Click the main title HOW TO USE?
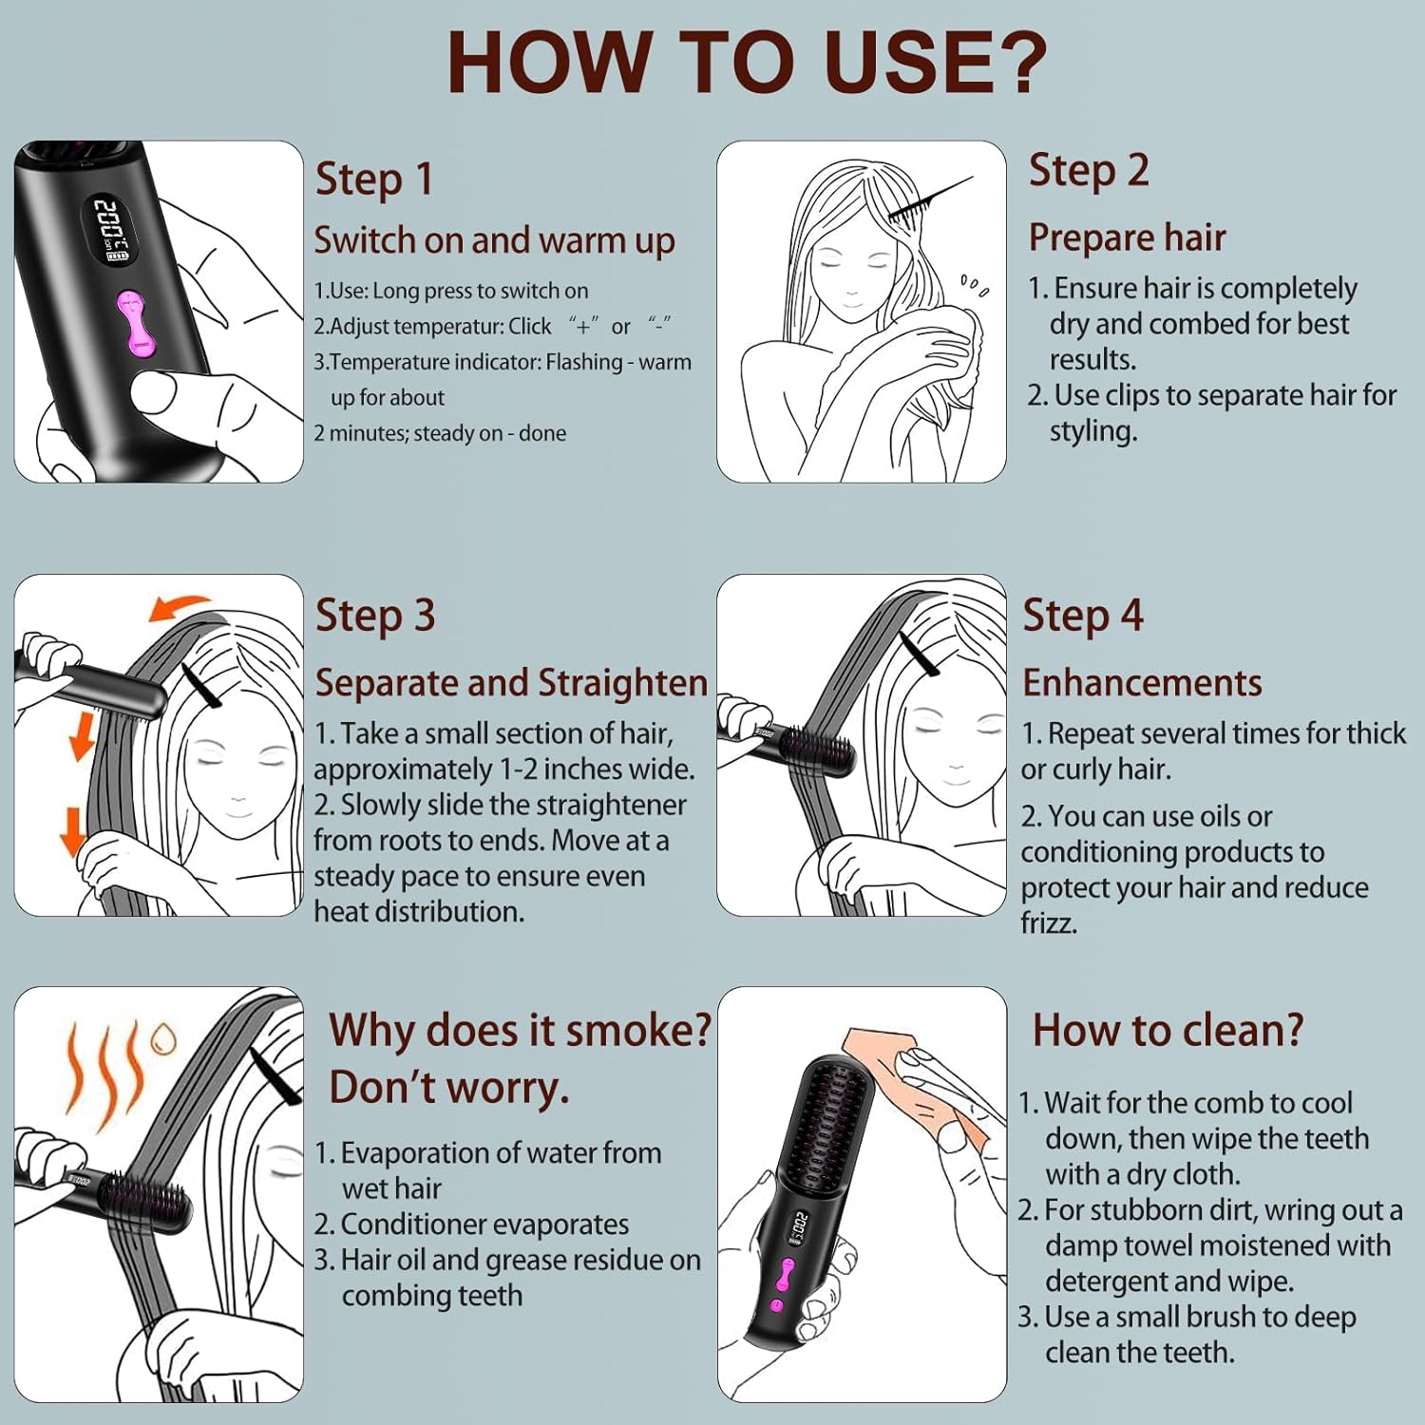coord(747,63)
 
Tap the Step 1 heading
coord(374,179)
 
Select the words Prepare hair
coord(1127,237)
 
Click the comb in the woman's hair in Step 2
coord(926,201)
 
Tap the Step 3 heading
coord(375,616)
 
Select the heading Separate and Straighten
coord(511,683)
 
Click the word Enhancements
coord(1142,683)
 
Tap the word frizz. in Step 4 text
coord(1049,922)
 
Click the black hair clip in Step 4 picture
coord(920,655)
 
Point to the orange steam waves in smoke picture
coord(104,1069)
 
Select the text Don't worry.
coord(449,1088)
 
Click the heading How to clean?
coord(1168,1031)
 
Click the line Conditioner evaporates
coord(484,1225)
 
